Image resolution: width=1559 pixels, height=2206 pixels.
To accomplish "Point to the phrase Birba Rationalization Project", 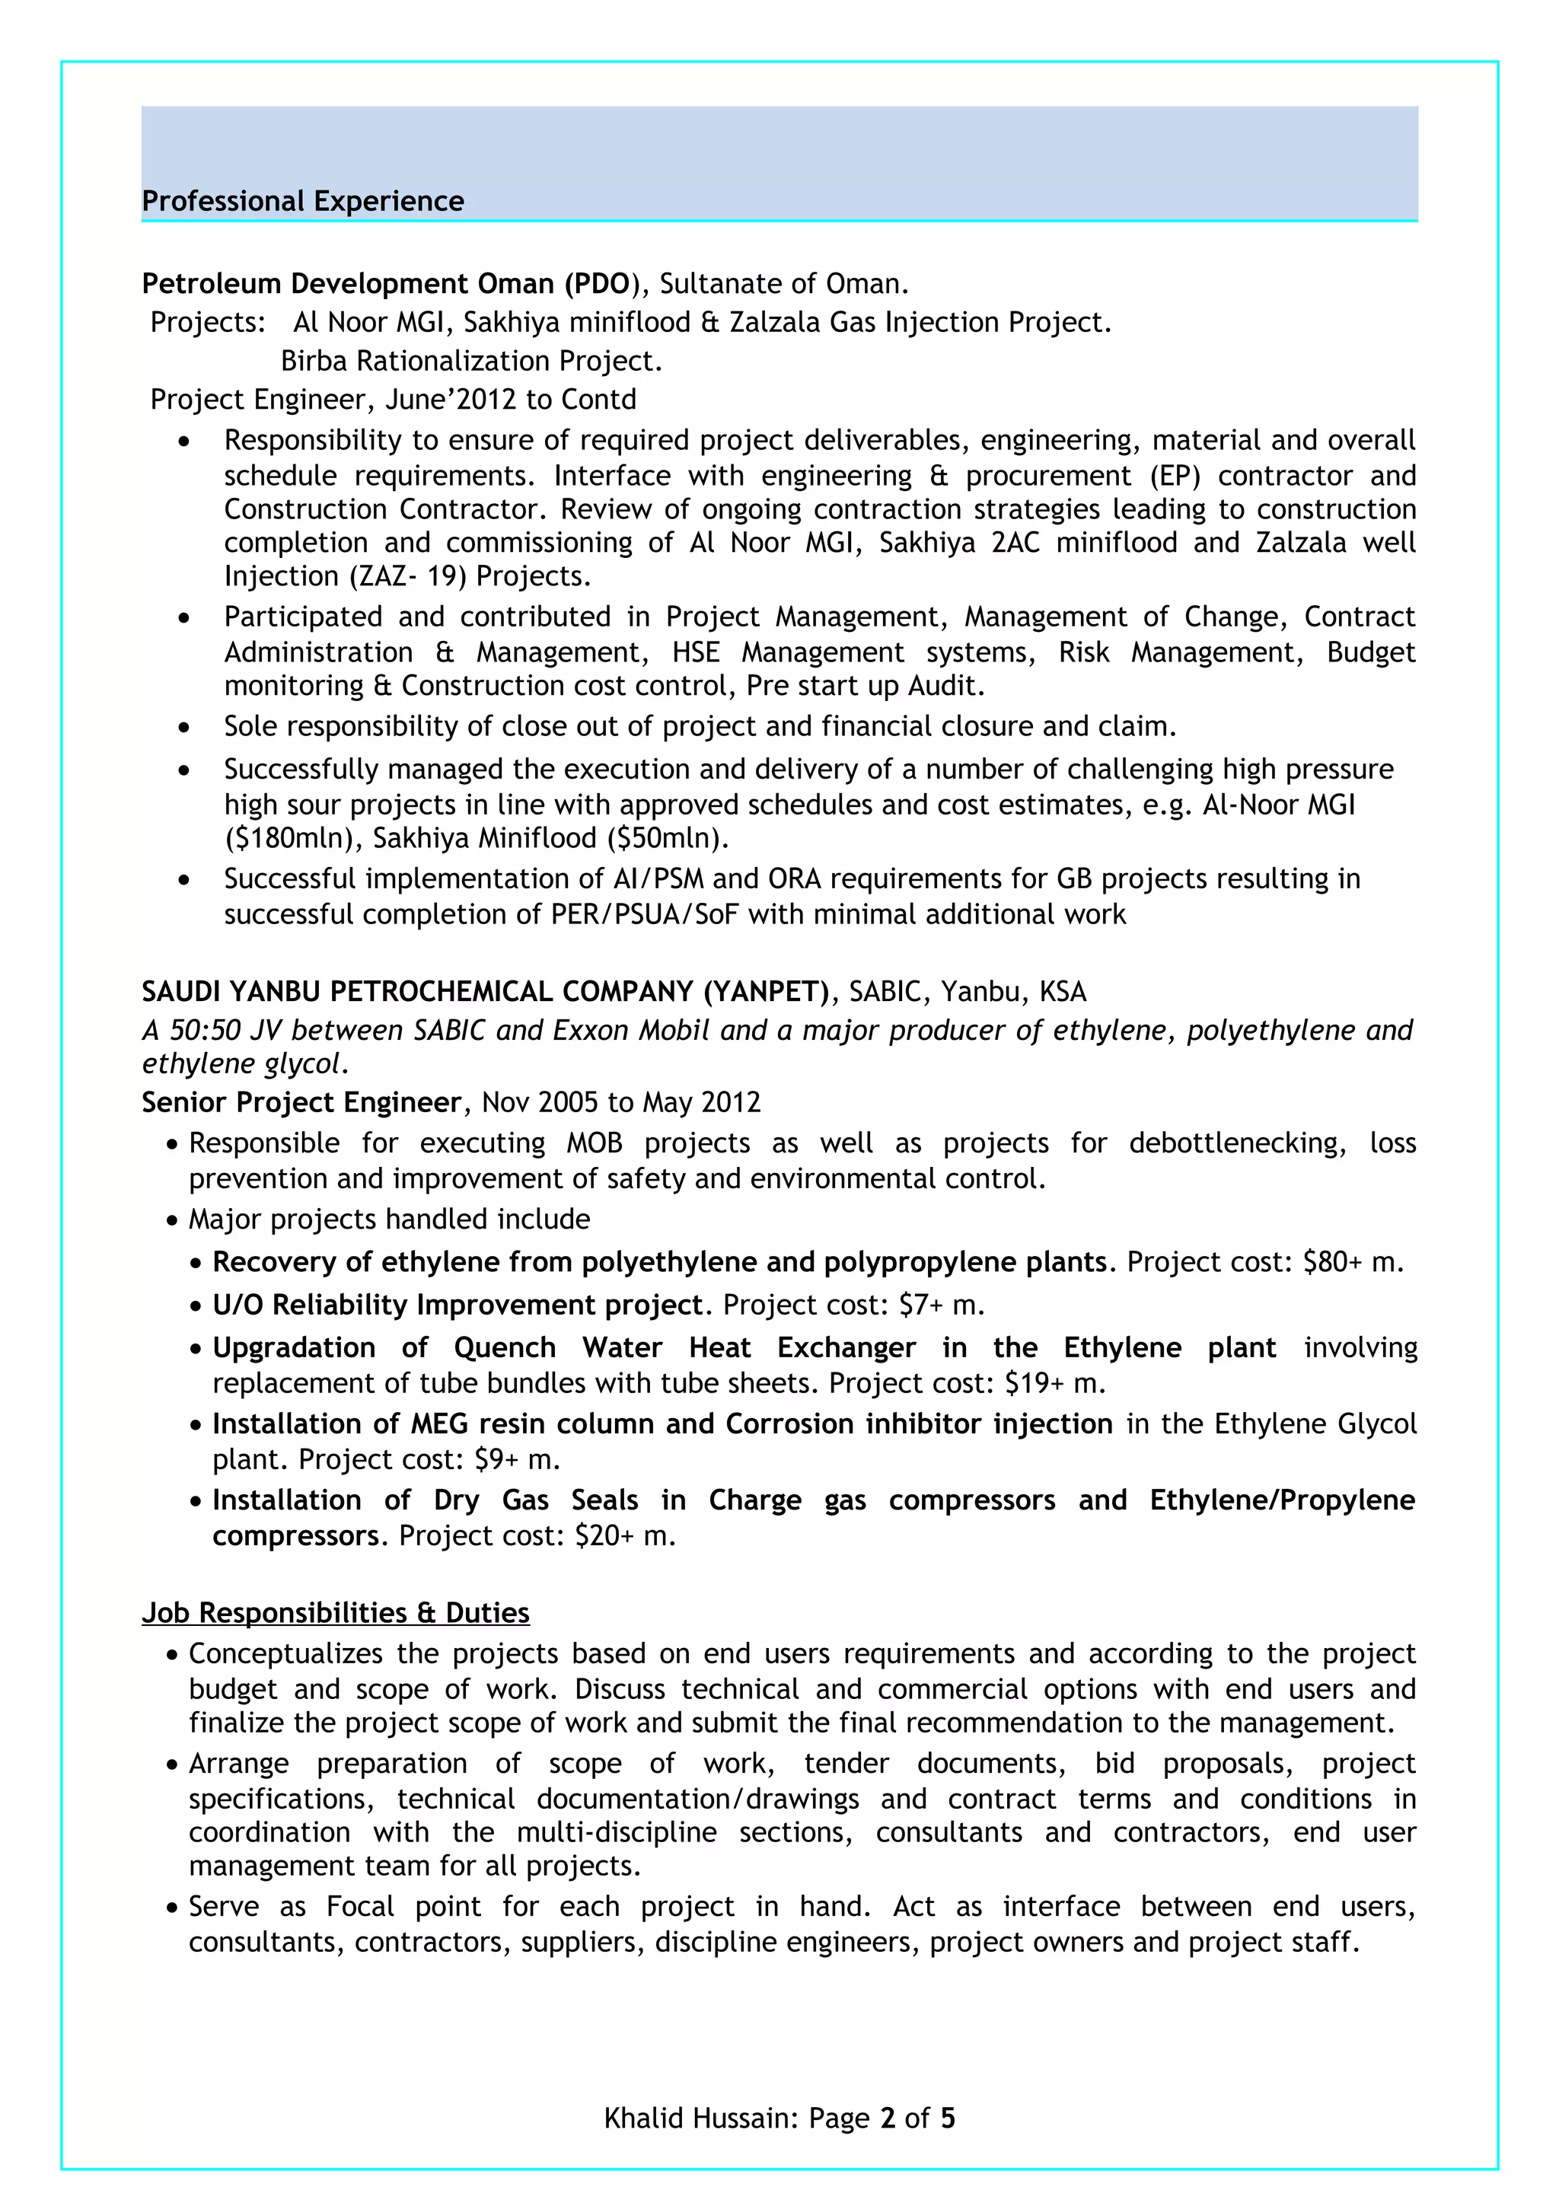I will coord(470,362).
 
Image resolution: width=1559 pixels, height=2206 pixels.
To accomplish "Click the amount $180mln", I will coord(292,839).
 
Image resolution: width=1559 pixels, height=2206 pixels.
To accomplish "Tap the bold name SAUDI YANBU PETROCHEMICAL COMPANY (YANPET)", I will coord(485,992).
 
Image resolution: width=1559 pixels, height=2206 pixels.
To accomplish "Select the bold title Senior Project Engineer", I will coord(301,1102).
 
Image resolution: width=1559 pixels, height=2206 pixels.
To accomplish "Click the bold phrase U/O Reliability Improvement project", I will coord(458,1305).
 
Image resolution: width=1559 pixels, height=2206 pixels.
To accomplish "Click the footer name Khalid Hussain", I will coord(698,2118).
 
